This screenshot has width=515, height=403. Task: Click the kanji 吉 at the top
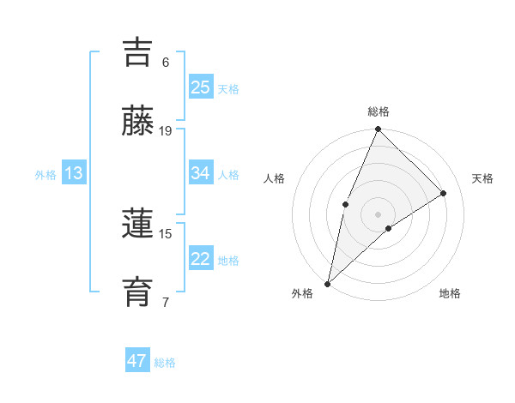point(139,52)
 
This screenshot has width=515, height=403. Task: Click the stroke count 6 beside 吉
point(166,63)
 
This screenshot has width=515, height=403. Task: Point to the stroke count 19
point(166,131)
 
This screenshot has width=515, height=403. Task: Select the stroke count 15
point(166,233)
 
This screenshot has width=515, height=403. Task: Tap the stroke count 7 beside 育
point(166,302)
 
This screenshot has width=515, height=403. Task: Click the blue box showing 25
point(201,87)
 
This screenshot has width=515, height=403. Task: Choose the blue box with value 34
point(201,173)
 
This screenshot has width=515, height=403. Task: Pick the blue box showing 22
point(201,259)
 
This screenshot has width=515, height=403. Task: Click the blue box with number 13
point(74,173)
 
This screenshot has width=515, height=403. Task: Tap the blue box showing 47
point(137,361)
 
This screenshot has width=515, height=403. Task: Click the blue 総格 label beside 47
point(165,363)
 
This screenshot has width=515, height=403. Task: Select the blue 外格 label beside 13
point(45,175)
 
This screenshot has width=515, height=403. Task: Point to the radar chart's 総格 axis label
point(378,111)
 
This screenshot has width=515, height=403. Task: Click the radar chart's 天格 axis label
point(483,178)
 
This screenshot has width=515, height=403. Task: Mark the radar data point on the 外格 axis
point(327,283)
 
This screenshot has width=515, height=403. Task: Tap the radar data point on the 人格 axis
point(345,203)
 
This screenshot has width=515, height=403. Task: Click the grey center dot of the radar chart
point(378,214)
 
